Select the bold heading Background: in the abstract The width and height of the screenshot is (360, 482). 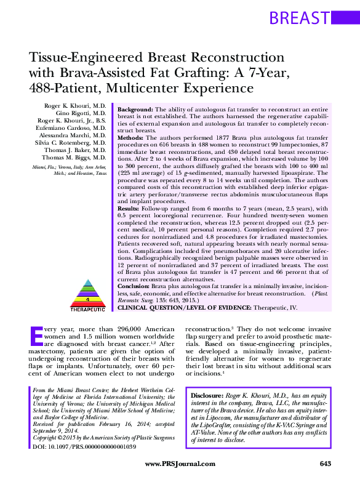136,108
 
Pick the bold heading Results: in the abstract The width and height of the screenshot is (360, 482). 130,211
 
